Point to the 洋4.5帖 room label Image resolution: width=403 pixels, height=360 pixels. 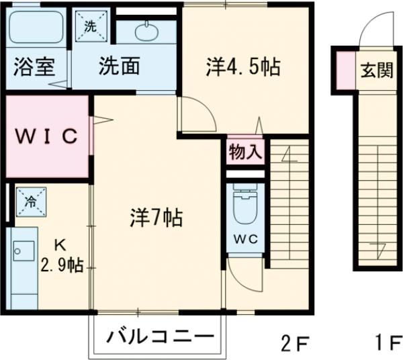(242, 66)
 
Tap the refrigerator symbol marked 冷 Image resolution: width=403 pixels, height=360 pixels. (31, 201)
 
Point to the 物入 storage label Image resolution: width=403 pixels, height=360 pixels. (245, 151)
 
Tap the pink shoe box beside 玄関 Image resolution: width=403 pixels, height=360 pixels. (345, 71)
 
